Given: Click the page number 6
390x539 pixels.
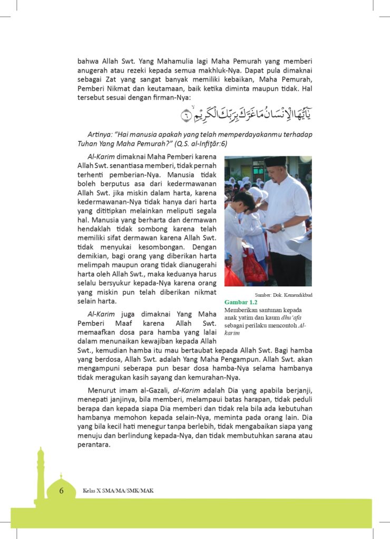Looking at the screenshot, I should click(61, 491).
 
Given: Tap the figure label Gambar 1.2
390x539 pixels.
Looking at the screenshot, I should click(240, 302).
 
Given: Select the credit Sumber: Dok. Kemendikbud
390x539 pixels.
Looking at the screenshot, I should click(283, 295).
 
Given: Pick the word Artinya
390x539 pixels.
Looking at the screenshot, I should click(100, 135).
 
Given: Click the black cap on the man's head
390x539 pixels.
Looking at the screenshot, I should click(276, 161).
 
